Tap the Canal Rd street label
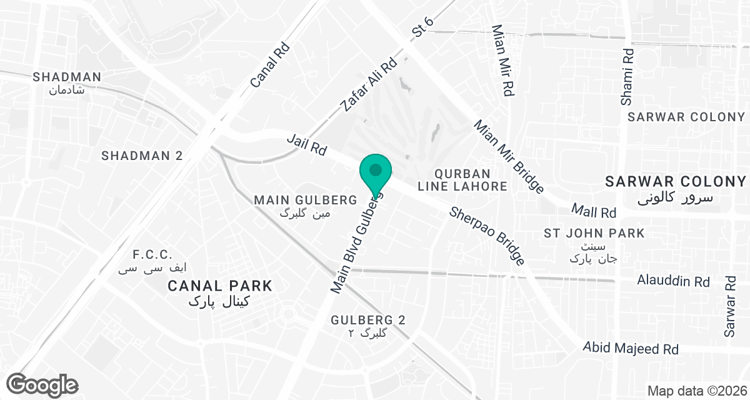[x=270, y=64]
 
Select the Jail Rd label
[x=307, y=144]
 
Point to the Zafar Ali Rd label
[x=369, y=84]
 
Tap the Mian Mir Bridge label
[x=508, y=157]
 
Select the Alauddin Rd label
[x=673, y=281]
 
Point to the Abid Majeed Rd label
[x=630, y=347]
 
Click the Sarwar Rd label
[x=730, y=306]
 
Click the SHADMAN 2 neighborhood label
[x=142, y=156]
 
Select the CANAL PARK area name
[x=220, y=286]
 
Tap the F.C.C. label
[x=152, y=255]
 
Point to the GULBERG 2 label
[x=368, y=320]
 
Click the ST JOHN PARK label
[x=594, y=234]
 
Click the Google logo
[x=42, y=384]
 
